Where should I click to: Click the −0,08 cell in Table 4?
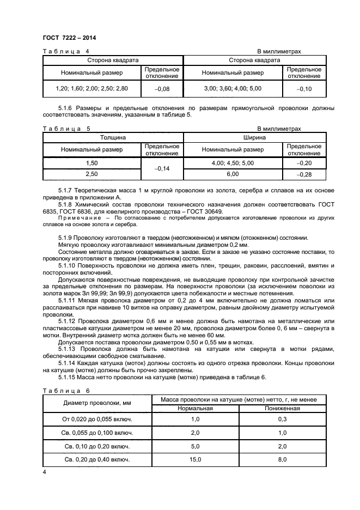[x=162, y=88]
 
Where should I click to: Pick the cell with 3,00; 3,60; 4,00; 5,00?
[x=233, y=88]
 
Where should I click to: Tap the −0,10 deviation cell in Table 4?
[x=304, y=88]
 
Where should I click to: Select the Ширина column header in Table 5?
[x=255, y=138]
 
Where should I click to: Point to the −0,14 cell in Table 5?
[x=162, y=169]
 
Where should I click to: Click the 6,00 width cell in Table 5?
[x=233, y=174]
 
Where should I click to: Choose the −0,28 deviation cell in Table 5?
[x=304, y=174]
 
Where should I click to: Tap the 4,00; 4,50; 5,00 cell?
[x=233, y=163]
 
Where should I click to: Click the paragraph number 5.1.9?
[x=66, y=238]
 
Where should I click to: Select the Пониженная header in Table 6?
[x=282, y=408]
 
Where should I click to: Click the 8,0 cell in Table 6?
[x=282, y=460]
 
